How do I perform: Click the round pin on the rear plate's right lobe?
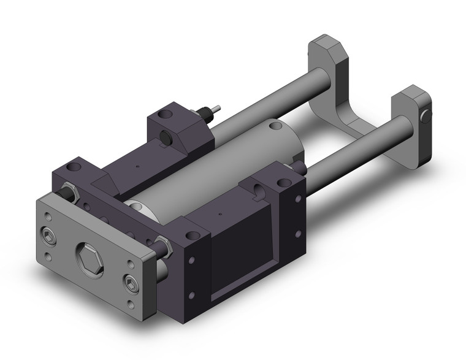coord(426,113)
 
